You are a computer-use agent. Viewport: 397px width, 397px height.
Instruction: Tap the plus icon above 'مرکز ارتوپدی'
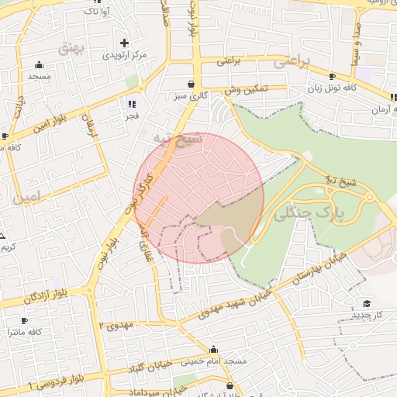[x=124, y=43]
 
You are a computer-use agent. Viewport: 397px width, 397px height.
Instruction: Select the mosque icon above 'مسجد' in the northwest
[x=39, y=65]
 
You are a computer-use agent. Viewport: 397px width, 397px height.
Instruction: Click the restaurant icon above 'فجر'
[x=132, y=103]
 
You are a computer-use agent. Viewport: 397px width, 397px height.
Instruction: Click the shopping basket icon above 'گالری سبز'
[x=191, y=84]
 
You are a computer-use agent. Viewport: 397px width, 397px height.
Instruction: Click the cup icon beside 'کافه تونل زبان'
[x=332, y=77]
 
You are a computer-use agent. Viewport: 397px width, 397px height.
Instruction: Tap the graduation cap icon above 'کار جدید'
[x=366, y=303]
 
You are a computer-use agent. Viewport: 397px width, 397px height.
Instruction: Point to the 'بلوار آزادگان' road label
[x=29, y=297]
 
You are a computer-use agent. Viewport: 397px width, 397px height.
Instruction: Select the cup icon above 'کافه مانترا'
[x=24, y=320]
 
